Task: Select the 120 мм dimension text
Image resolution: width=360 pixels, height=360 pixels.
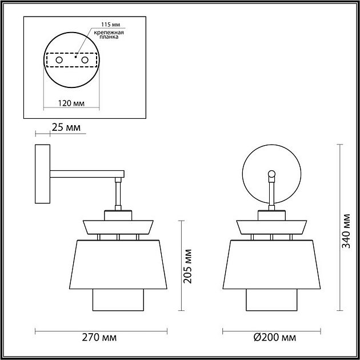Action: click(x=71, y=103)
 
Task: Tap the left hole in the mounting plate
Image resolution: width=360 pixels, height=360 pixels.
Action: click(x=58, y=59)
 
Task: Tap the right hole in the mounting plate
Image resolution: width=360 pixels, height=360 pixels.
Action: click(x=85, y=59)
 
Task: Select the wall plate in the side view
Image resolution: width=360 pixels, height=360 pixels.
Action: click(x=42, y=174)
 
